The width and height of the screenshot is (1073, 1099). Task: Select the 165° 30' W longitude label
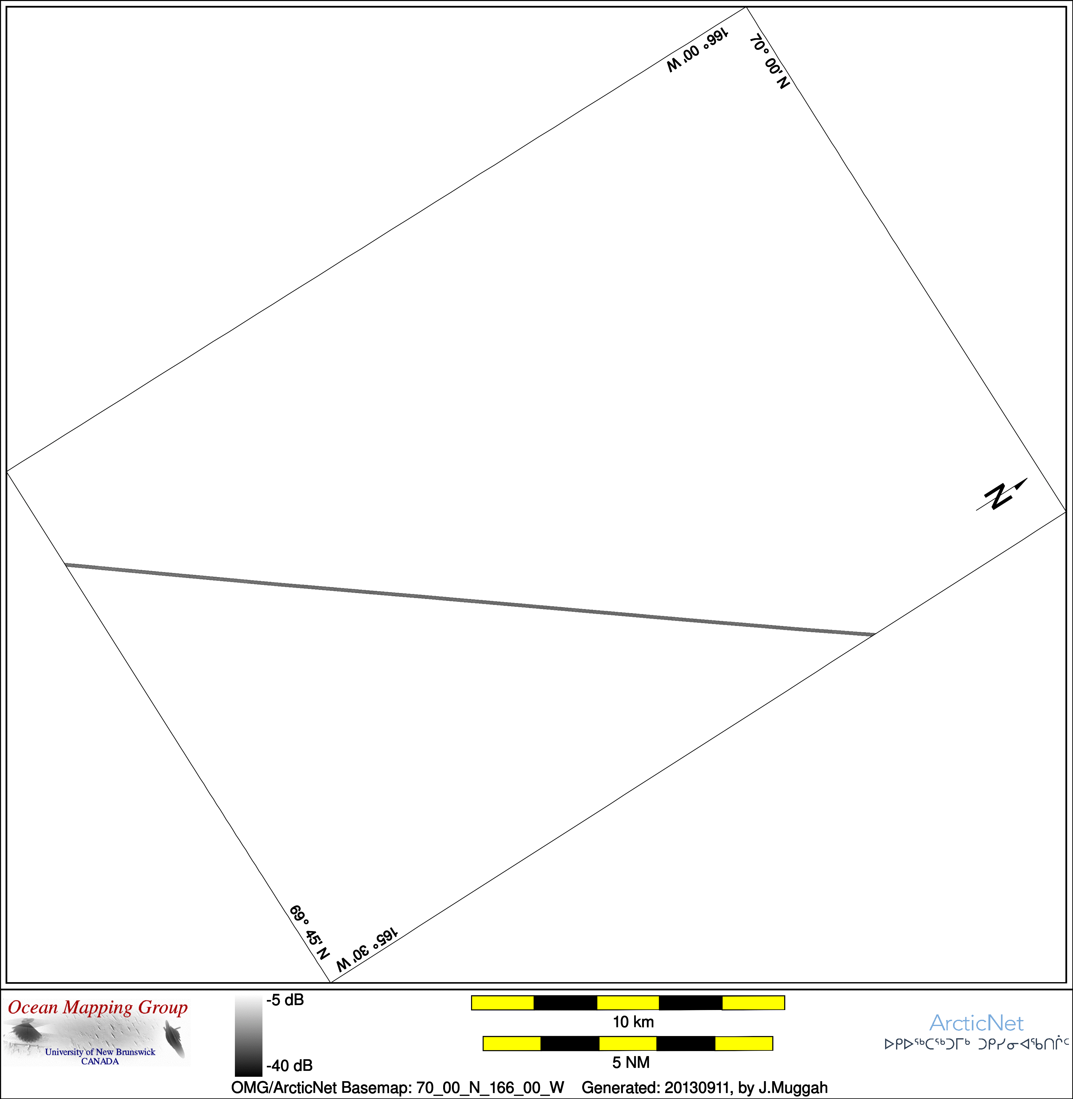pos(367,949)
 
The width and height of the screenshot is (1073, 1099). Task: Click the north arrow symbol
pos(1001,495)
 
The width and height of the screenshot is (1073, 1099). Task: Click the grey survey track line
pos(469,600)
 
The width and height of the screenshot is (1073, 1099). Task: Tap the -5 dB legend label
pos(285,1000)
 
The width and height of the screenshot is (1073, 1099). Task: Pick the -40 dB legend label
pos(289,1065)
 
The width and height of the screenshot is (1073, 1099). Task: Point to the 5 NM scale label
pos(631,1062)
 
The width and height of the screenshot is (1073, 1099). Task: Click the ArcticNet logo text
pos(976,1023)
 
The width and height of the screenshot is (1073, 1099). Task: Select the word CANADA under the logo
pos(100,1061)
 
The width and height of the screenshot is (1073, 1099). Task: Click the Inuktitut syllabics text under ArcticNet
pos(977,1044)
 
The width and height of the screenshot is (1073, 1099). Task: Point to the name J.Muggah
pos(793,1088)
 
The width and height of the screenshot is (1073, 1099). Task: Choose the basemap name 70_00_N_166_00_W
pos(490,1088)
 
